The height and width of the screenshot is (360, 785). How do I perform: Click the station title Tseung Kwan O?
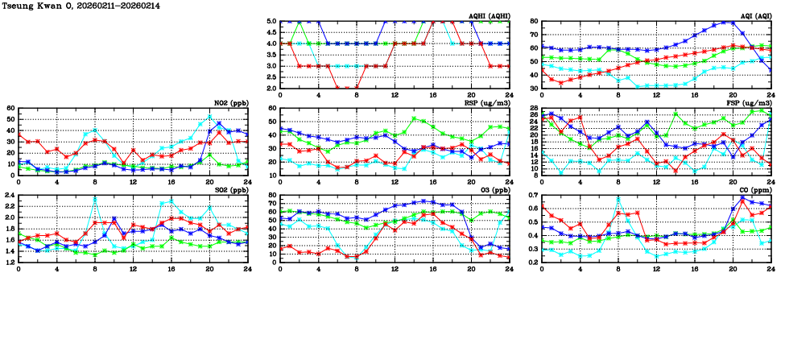(x=31, y=6)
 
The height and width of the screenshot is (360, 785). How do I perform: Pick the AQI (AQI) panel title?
(x=755, y=16)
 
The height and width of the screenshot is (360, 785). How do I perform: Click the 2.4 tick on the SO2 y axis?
(x=10, y=196)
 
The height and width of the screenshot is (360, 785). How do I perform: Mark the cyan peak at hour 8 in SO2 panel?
(x=95, y=198)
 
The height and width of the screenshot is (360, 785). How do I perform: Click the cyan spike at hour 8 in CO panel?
(x=618, y=199)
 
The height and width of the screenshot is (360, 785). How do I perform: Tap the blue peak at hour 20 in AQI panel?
(x=732, y=23)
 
